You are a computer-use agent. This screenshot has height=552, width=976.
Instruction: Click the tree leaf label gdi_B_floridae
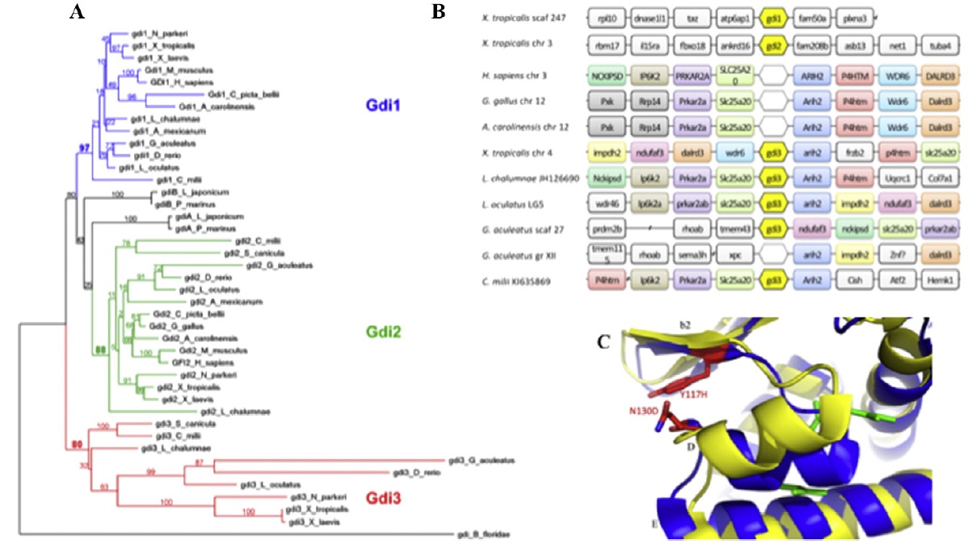click(x=483, y=534)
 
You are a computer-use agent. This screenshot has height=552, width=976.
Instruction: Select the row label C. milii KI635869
click(x=533, y=281)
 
